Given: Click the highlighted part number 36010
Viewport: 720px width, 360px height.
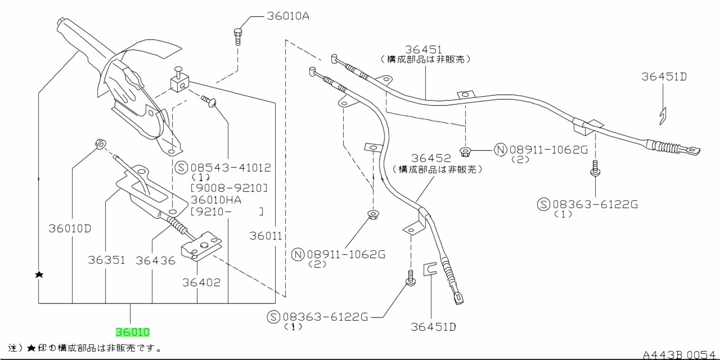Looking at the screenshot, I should pyautogui.click(x=133, y=332).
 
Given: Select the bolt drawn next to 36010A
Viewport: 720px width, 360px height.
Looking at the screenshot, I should pyautogui.click(x=238, y=36).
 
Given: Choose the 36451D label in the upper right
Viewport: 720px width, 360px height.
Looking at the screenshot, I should pyautogui.click(x=664, y=77).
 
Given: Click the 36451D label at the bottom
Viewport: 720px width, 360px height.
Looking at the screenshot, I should pyautogui.click(x=433, y=326).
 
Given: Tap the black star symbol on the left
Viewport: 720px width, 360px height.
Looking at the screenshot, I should pyautogui.click(x=39, y=274).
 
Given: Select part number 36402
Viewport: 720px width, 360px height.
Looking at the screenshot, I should pyautogui.click(x=201, y=282).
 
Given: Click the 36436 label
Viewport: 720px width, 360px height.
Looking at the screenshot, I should pyautogui.click(x=155, y=260).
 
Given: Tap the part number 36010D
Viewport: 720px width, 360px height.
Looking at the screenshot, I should pyautogui.click(x=69, y=228).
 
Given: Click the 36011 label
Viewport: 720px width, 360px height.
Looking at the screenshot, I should pyautogui.click(x=265, y=237).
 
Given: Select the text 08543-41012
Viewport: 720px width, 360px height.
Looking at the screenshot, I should pyautogui.click(x=231, y=168).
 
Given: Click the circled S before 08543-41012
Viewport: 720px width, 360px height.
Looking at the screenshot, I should pyautogui.click(x=181, y=168).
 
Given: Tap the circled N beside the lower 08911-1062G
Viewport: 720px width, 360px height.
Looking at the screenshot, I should pyautogui.click(x=298, y=254).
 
